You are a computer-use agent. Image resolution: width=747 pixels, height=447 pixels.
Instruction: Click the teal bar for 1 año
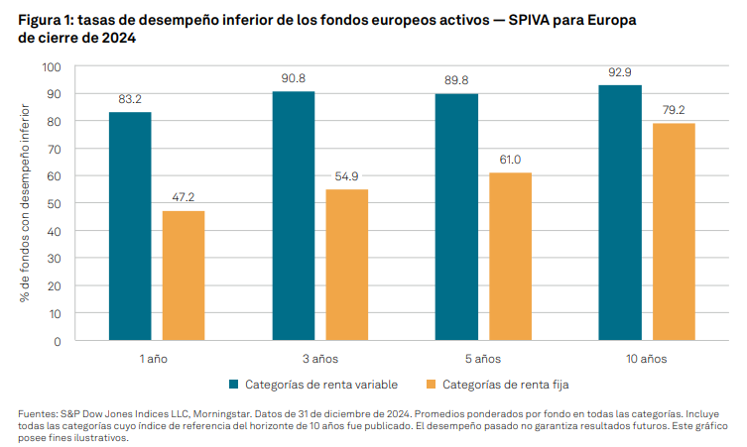[130, 226]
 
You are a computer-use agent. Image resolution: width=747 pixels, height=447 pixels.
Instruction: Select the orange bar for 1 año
[184, 276]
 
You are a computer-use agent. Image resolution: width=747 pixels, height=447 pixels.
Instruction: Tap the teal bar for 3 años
[294, 216]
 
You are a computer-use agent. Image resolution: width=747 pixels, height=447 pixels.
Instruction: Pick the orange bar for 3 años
[347, 265]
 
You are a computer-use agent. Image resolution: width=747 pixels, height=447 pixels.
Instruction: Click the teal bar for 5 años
[457, 217]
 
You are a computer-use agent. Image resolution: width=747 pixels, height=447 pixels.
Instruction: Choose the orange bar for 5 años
[510, 257]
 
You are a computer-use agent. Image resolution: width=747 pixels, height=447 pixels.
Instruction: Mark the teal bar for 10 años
[620, 213]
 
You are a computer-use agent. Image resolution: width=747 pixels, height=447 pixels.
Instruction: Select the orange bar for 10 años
[674, 232]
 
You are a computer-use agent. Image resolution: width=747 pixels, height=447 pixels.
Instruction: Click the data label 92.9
[620, 72]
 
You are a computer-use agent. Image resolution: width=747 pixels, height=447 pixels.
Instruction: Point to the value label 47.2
[184, 197]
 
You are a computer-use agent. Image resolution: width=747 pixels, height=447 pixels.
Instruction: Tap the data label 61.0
[510, 160]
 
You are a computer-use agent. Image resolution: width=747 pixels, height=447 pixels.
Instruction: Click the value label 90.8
[294, 77]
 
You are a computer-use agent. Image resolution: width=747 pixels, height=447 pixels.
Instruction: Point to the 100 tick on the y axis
[53, 66]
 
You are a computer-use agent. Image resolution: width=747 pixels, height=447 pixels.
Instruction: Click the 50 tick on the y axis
[56, 203]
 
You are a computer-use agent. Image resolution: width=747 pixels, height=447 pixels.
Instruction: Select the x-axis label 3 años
[320, 357]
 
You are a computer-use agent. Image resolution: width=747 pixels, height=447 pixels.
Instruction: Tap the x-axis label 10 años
[647, 357]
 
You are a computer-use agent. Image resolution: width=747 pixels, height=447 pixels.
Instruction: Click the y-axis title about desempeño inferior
[26, 203]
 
